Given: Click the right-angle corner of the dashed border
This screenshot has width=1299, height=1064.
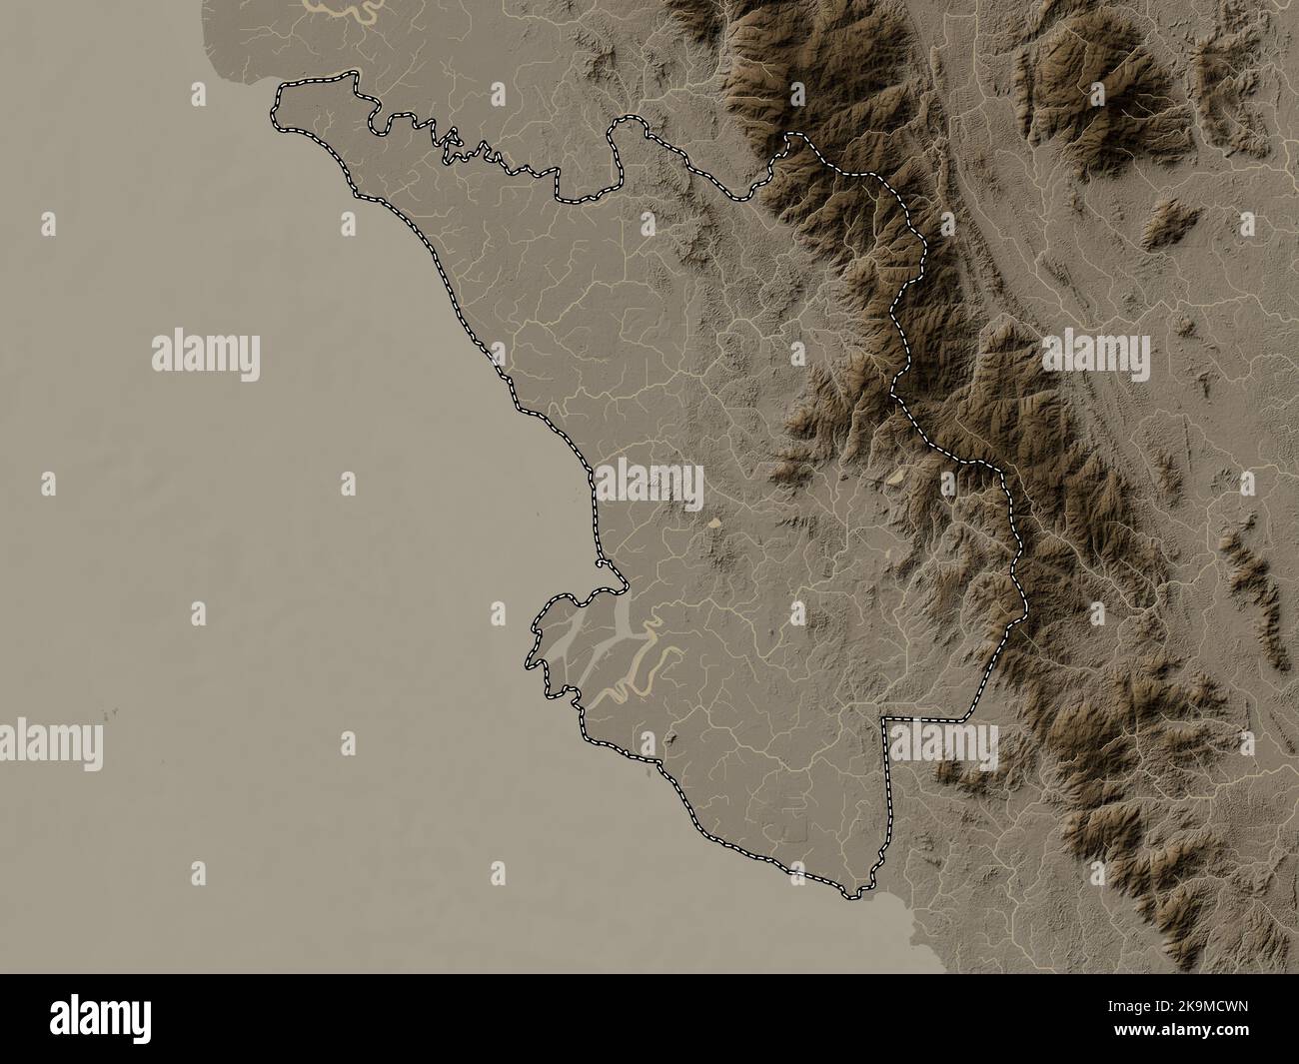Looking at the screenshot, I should [884, 719].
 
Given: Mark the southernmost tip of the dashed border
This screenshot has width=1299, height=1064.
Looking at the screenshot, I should [851, 895].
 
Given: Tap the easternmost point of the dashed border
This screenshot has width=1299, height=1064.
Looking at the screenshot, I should [1025, 605].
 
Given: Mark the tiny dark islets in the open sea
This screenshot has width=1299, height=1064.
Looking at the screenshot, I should [108, 713].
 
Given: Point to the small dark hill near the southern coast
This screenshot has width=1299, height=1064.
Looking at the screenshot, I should [671, 738].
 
